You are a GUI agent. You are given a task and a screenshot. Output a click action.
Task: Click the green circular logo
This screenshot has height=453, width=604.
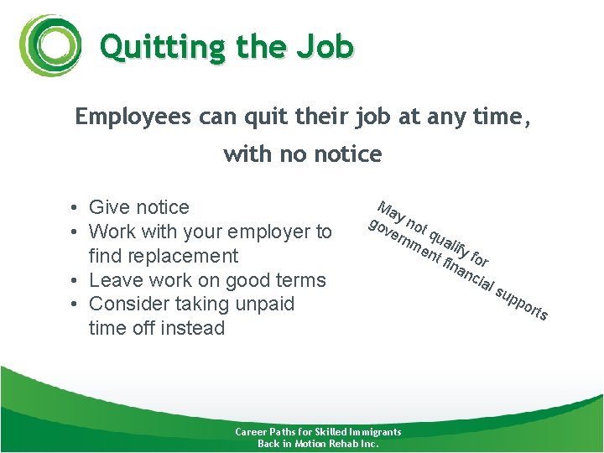click(x=51, y=46)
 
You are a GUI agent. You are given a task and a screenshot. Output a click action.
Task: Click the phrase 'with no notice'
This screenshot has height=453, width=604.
click(x=302, y=154)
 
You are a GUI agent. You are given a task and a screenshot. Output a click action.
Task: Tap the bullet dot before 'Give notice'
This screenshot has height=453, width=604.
click(x=75, y=208)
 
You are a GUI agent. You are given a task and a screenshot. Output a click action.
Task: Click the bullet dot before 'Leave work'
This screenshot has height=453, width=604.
click(x=75, y=280)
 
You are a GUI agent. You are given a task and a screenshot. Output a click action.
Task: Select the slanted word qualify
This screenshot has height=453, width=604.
click(x=447, y=240)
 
